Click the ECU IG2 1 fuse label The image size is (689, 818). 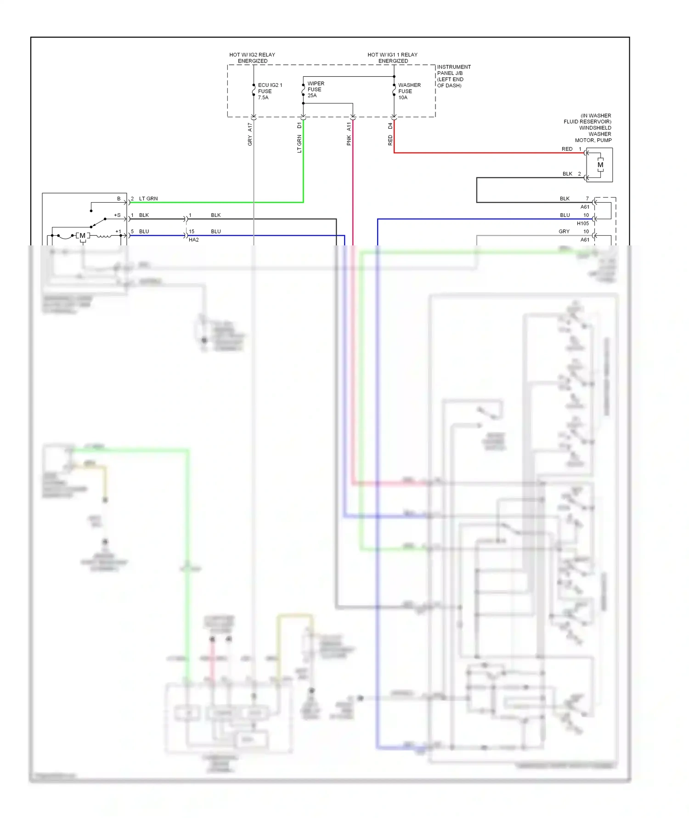click(x=270, y=91)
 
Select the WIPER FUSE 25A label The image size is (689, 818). click(x=316, y=90)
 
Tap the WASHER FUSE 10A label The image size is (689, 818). click(x=409, y=91)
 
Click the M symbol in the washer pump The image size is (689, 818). click(x=600, y=165)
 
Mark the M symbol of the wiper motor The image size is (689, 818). click(x=83, y=236)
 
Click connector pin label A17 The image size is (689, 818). click(x=250, y=127)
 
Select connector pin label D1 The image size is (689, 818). click(x=299, y=125)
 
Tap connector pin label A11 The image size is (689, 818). click(x=349, y=126)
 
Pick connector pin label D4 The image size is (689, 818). click(x=390, y=125)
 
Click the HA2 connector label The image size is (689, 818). click(x=193, y=240)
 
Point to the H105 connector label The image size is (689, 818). click(x=582, y=223)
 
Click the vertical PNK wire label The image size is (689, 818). click(x=349, y=140)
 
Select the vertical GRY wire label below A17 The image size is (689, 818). click(x=250, y=141)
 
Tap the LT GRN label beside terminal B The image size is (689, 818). click(x=148, y=199)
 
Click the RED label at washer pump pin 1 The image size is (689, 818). click(x=567, y=149)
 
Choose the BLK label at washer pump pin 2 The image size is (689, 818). click(x=567, y=174)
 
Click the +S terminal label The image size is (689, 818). click(x=117, y=215)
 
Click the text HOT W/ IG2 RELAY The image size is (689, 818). click(x=252, y=55)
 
